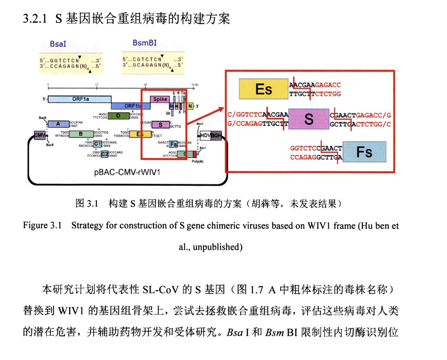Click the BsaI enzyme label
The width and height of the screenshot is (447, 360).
click(58, 43)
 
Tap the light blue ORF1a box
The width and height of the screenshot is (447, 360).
click(79, 99)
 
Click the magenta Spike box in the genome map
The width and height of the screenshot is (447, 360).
click(160, 99)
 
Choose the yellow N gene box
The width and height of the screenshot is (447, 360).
click(190, 106)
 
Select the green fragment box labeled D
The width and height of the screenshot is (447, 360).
click(118, 116)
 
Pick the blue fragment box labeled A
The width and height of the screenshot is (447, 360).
click(58, 124)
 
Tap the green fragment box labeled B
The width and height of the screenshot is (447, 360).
click(81, 134)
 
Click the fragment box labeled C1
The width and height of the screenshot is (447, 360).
click(98, 144)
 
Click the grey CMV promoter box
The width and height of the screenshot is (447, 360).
click(39, 135)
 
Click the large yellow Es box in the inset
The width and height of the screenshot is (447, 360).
click(263, 89)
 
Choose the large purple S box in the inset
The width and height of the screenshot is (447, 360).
click(308, 119)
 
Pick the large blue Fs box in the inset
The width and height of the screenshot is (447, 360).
click(364, 152)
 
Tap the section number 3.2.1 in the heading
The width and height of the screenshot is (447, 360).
click(35, 19)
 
